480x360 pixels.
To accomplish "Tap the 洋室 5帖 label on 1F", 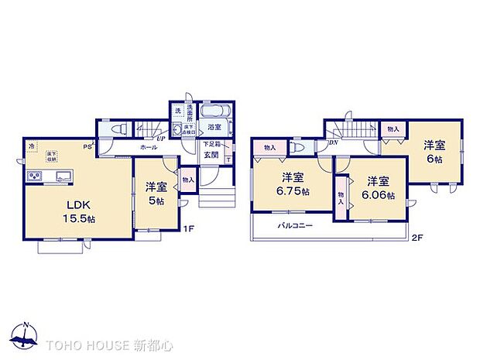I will [x=156, y=193].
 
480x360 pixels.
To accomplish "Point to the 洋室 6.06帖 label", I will [x=379, y=188].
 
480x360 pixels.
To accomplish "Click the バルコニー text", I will [x=296, y=226].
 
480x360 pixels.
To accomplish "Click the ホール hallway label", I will [x=149, y=146].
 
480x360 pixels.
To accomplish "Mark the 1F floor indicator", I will [x=187, y=229].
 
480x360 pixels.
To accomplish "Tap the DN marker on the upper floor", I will [x=332, y=143].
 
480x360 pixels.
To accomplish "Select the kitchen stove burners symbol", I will [x=35, y=177].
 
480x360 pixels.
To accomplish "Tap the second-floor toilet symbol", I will [x=297, y=146].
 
